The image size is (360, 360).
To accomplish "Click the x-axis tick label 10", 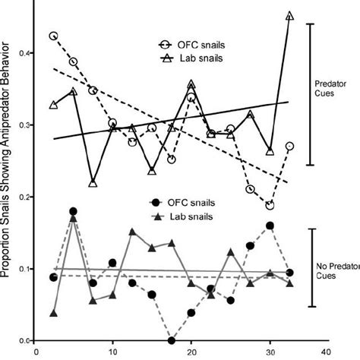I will coord(112,352).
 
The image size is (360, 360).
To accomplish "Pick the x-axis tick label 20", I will coord(191,352).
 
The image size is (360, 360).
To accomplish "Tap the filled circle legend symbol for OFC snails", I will coord(156,204).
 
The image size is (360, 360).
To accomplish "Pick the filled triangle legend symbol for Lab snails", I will coord(156,217).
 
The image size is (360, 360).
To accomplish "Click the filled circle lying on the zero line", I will coord(172,340).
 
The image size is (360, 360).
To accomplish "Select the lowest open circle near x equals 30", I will coord(270,205).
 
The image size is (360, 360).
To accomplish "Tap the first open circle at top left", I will coord(53,36).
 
